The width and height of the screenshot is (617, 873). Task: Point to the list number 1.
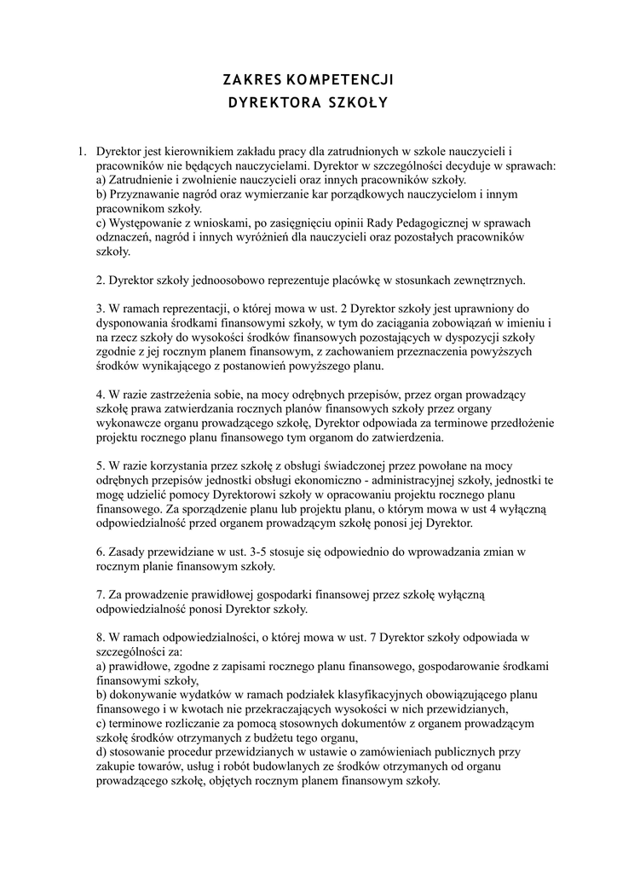83,152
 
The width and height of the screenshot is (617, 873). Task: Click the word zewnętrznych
489,280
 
